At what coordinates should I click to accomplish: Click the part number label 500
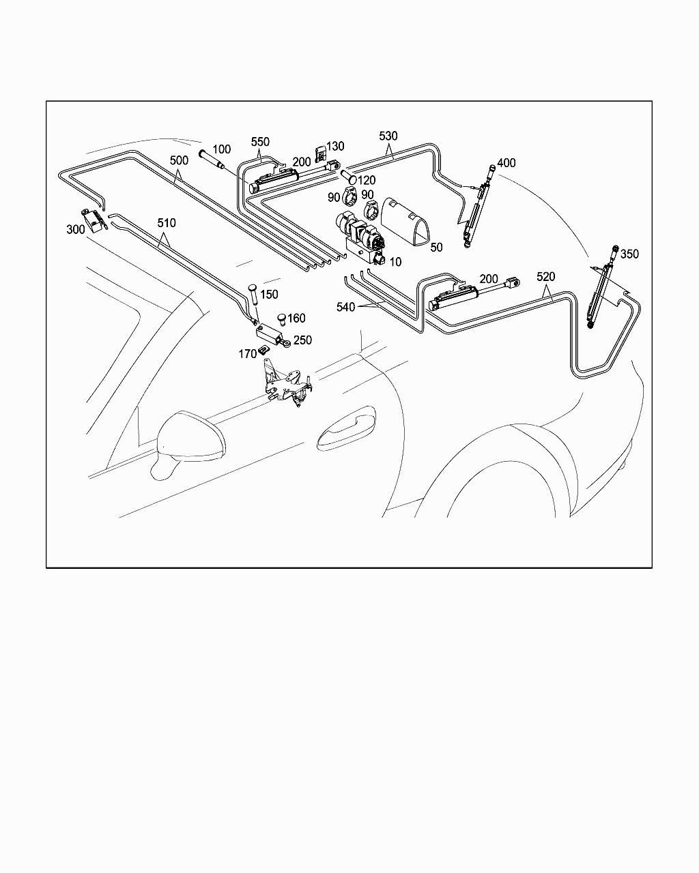[x=179, y=161]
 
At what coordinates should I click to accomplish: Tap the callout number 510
[x=167, y=223]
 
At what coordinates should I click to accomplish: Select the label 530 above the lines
[x=388, y=136]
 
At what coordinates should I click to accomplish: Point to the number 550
[x=260, y=142]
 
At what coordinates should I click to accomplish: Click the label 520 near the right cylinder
[x=545, y=277]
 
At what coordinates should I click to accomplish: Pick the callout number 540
[x=345, y=307]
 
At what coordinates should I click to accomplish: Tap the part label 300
[x=76, y=229]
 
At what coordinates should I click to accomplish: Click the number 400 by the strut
[x=506, y=163]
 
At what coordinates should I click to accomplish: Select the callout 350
[x=629, y=254]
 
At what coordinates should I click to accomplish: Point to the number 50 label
[x=436, y=247]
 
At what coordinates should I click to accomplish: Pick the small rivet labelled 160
[x=282, y=319]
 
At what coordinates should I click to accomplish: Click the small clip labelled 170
[x=263, y=349]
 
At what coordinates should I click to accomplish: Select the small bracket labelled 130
[x=321, y=154]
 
